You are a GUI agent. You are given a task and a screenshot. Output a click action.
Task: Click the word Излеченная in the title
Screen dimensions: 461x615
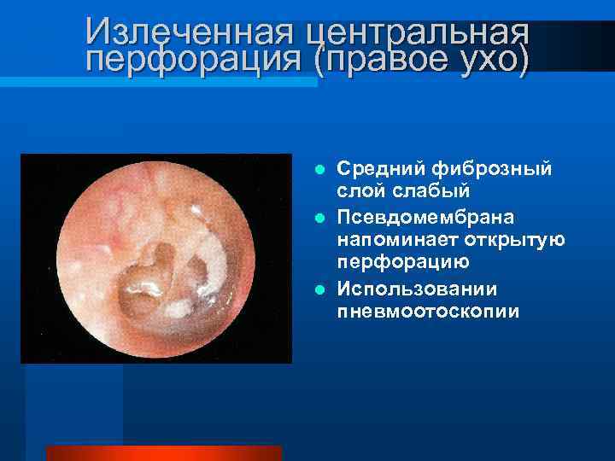(189, 32)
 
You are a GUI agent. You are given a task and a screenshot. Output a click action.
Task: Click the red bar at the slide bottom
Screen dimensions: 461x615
(163, 452)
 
